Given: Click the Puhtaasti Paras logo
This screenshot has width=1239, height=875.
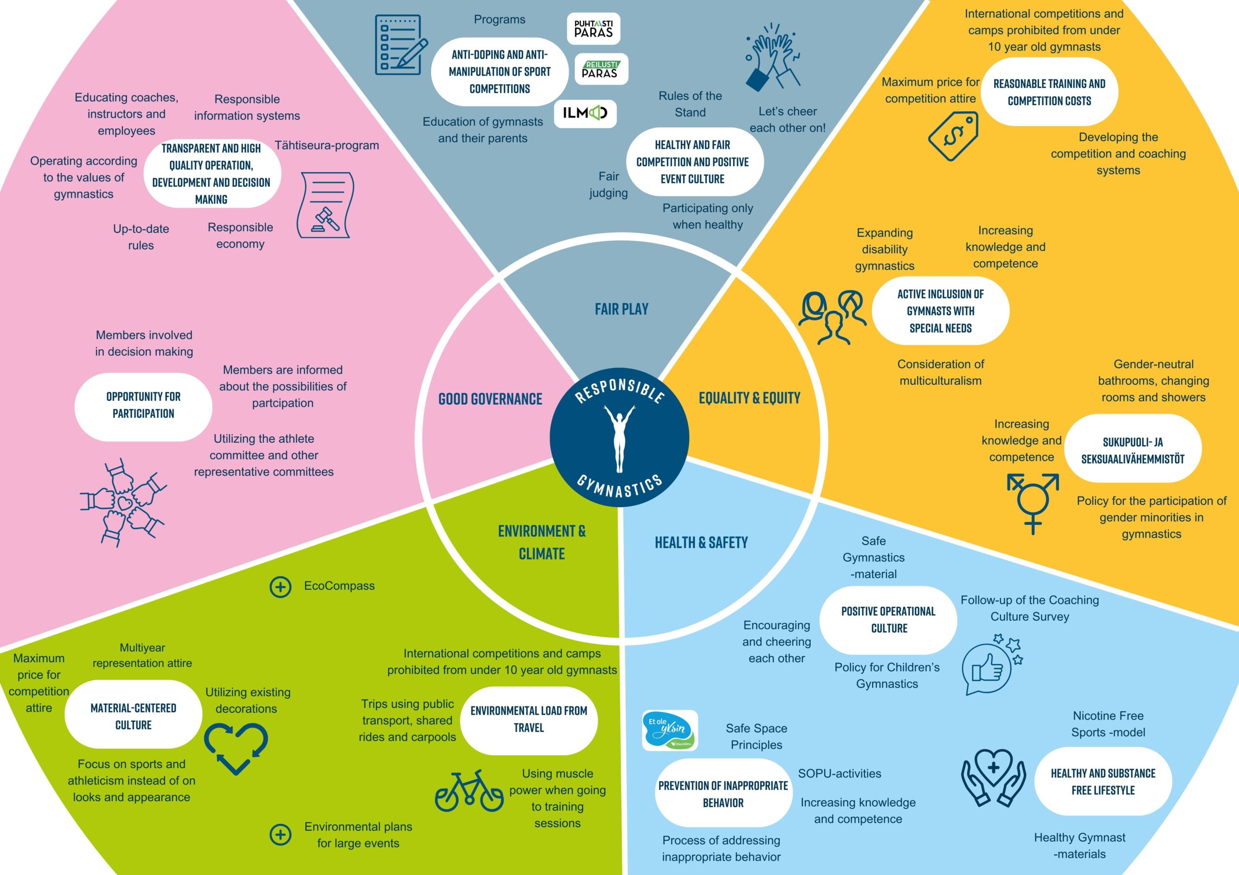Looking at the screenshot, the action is (593, 29).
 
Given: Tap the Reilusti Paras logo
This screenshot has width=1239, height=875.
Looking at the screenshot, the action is (601, 69).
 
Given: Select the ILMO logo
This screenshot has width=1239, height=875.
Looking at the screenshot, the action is (586, 113).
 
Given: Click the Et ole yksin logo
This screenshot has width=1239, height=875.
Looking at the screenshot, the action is (670, 730).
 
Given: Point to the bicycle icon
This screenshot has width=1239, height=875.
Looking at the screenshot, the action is (469, 790).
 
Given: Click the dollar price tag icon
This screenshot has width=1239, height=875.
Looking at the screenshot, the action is (953, 136).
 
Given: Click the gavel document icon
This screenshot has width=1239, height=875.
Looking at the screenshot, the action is (325, 205).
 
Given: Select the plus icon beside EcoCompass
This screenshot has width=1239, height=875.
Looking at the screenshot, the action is (281, 586).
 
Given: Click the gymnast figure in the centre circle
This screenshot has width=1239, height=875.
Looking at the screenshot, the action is (619, 438).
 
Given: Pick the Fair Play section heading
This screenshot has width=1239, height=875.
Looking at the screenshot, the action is (621, 309).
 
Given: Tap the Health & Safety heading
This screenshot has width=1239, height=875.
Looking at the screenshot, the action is (701, 542).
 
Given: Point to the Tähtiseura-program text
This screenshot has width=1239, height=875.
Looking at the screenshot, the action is (327, 146).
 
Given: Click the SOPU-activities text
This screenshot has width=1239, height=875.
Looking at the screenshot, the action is (840, 773).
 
